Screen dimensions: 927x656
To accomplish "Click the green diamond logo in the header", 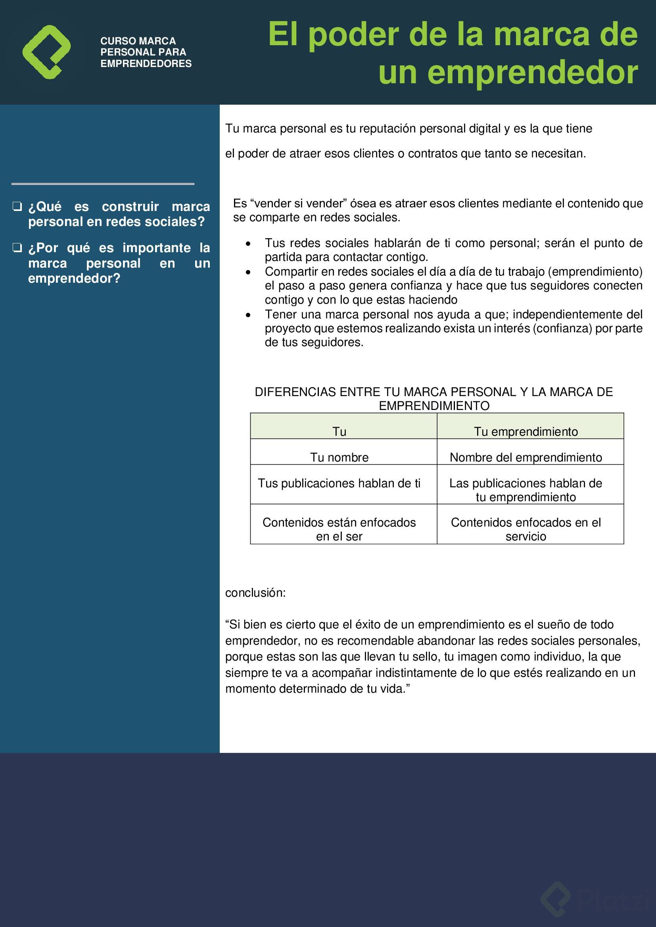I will point(46,52).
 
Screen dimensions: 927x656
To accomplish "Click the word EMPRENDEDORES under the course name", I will point(146,63).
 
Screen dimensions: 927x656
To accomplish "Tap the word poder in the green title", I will point(353,35).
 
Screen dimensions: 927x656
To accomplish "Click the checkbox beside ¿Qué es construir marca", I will point(17,207).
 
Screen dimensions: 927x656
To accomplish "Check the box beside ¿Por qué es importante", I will point(17,248).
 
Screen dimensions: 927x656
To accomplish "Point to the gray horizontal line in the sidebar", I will point(103,184).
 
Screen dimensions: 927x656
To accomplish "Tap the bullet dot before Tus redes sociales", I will point(248,244).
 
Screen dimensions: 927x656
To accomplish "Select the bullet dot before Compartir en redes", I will point(248,272).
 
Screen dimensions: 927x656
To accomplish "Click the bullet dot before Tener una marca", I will point(248,315).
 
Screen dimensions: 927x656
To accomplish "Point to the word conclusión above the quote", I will point(255,593).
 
